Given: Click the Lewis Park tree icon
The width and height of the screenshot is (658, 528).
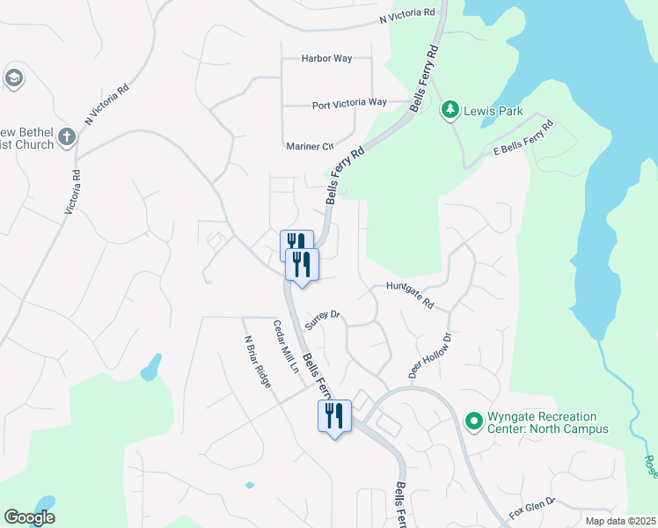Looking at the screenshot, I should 451,110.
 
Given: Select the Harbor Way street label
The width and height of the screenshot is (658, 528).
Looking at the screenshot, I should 326,58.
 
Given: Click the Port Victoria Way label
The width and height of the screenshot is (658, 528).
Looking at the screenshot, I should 349,103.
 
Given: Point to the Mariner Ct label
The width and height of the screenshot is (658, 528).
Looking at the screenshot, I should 310,146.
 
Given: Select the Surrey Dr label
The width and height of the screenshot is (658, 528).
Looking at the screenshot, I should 322,319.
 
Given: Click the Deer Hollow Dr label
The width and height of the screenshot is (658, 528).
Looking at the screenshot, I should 429,356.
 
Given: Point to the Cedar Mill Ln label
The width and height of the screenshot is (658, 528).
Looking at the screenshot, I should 284,347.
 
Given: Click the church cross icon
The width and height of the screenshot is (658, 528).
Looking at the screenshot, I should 68,136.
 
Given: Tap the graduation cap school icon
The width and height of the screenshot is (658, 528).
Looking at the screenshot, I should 13,78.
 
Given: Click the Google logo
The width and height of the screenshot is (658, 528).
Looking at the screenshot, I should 29,517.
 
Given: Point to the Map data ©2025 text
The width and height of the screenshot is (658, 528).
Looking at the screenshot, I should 619,521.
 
